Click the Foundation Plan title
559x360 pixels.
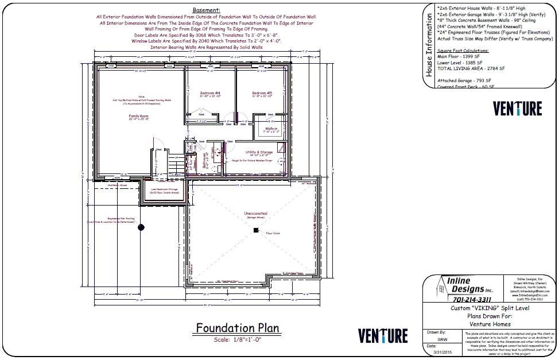coord(237,328)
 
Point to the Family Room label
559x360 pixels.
coord(138,116)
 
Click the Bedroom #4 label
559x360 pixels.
coord(210,92)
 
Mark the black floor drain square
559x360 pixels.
coord(255,230)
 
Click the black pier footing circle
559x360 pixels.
coord(141,228)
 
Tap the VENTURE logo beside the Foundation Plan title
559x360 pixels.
coord(383,336)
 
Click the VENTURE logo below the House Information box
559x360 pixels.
coord(517,109)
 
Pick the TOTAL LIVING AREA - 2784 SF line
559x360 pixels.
coord(471,68)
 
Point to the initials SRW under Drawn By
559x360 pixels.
coord(442,339)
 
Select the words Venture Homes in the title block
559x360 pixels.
coord(489,323)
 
